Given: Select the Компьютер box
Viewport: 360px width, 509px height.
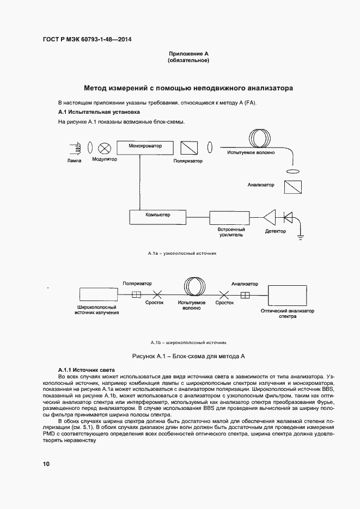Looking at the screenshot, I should pyautogui.click(x=158, y=216).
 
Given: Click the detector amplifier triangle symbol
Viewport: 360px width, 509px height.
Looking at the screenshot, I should pyautogui.click(x=270, y=217).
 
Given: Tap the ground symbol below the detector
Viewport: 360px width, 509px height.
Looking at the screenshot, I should pyautogui.click(x=300, y=236).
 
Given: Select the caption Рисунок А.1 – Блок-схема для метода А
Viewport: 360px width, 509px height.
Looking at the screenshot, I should pyautogui.click(x=189, y=356).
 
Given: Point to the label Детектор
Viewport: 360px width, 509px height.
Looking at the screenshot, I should pyautogui.click(x=276, y=231).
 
